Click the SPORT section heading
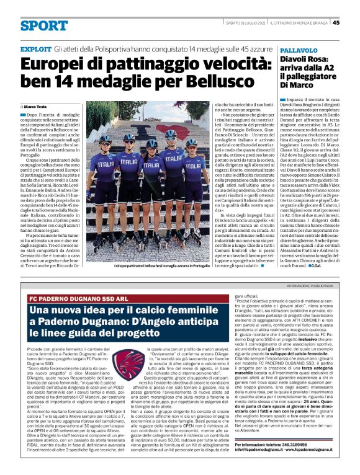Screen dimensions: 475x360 click(43, 25)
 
